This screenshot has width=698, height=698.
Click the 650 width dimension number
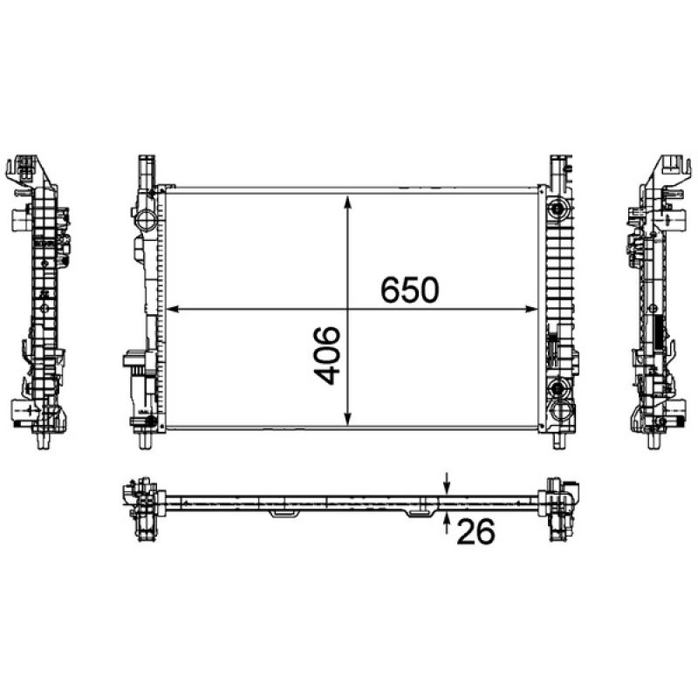click(x=408, y=291)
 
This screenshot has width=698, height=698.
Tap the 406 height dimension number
click(x=327, y=356)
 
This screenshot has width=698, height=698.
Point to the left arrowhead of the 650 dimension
click(x=171, y=308)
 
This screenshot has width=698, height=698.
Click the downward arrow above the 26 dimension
click(x=447, y=483)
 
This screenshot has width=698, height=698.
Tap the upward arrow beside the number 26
click(x=447, y=520)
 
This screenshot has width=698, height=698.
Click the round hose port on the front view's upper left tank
click(x=145, y=212)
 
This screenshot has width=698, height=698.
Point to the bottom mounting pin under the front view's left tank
click(x=142, y=439)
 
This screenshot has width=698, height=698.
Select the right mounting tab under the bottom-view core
click(x=420, y=511)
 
